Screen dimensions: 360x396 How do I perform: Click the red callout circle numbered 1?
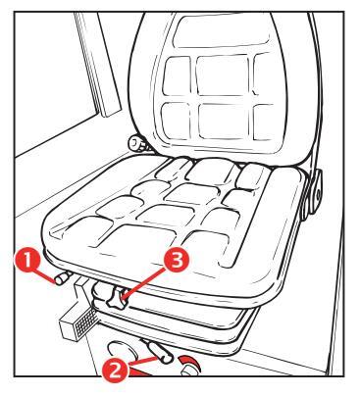(x=27, y=260)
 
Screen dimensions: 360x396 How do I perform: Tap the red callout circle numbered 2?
(x=114, y=370)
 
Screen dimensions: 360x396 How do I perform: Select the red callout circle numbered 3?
(x=177, y=261)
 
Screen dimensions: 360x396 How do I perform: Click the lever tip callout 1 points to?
(x=62, y=279)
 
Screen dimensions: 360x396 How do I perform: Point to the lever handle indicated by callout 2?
(x=159, y=351)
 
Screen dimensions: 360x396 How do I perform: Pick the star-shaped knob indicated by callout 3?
(x=116, y=298)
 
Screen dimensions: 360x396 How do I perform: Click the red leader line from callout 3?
(x=144, y=281)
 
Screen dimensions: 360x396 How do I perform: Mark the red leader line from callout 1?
(x=47, y=274)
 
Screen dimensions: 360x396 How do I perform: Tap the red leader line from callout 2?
(x=142, y=361)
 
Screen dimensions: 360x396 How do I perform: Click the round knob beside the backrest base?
(x=136, y=144)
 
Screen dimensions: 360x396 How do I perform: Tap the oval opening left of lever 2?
(x=123, y=351)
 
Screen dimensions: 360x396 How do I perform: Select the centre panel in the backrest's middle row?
(x=223, y=75)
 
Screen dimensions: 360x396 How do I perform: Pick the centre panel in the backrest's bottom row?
(x=225, y=122)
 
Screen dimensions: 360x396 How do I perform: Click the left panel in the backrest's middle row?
(x=177, y=76)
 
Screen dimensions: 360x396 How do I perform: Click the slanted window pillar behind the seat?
(x=97, y=65)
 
